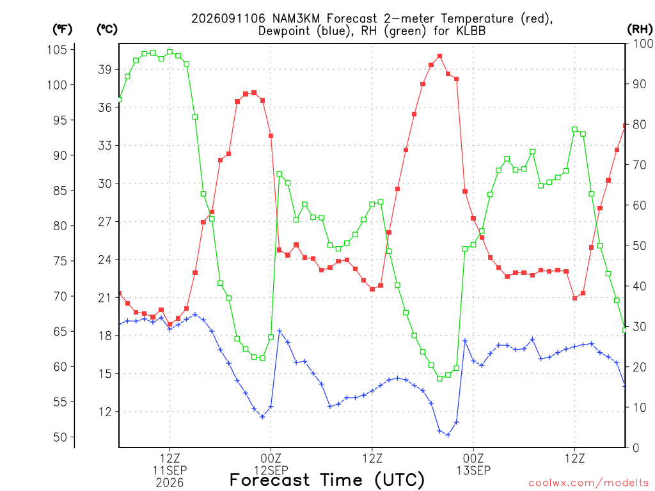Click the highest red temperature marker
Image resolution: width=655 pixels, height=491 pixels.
coord(440,56)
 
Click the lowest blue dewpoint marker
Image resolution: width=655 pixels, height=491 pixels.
coord(448,435)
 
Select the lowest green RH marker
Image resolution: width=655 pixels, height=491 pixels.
coord(440,378)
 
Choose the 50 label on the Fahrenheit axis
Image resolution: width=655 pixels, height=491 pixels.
coord(60,437)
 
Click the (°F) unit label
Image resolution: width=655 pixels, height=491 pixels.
coord(62,29)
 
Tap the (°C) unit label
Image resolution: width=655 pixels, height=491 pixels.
coord(107,29)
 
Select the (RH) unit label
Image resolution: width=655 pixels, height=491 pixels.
coord(640,29)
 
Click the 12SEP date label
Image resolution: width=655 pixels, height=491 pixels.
coord(271,471)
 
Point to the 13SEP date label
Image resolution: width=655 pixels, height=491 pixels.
coord(473,471)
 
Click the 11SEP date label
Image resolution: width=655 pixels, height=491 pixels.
coord(170,471)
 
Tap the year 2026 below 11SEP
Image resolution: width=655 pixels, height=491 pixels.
coord(170,483)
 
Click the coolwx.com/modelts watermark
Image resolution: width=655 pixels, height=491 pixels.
coord(588,483)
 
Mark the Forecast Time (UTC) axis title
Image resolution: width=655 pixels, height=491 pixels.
coord(327,480)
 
